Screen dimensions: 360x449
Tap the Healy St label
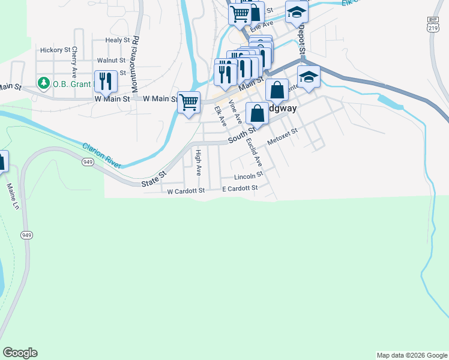click(x=117, y=40)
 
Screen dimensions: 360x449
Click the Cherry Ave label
click(x=74, y=61)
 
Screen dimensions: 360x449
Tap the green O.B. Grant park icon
click(x=43, y=83)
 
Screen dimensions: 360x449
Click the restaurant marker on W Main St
click(x=106, y=81)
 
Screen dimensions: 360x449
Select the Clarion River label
click(x=101, y=154)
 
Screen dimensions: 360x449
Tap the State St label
click(x=154, y=178)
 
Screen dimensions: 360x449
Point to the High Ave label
click(x=198, y=163)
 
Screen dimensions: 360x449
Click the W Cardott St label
click(x=186, y=190)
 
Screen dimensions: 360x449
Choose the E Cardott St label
click(x=240, y=188)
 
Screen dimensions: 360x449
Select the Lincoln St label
click(x=249, y=176)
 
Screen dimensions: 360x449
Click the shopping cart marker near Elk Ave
click(x=189, y=102)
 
